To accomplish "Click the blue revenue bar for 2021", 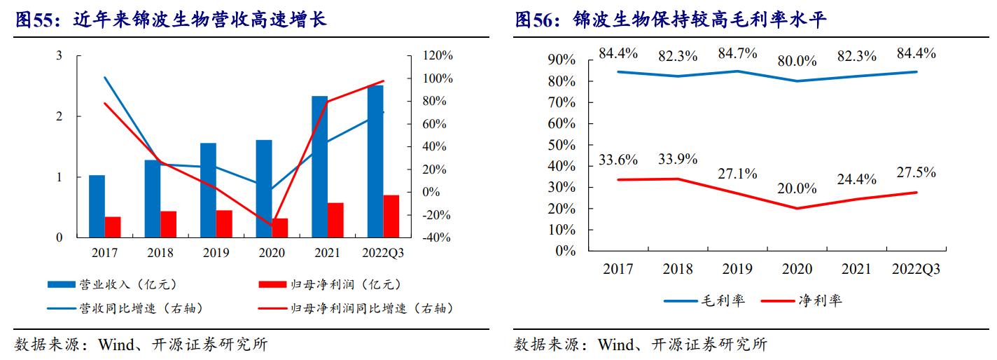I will (319, 167).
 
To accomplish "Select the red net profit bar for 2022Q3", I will (391, 216).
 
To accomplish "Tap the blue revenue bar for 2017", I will (97, 206).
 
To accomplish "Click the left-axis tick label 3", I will (60, 55).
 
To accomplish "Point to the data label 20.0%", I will (797, 188).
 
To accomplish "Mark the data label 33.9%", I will (677, 159).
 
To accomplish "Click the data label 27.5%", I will (916, 173).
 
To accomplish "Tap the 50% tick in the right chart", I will (561, 145).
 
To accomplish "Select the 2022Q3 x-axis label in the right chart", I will (916, 269).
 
